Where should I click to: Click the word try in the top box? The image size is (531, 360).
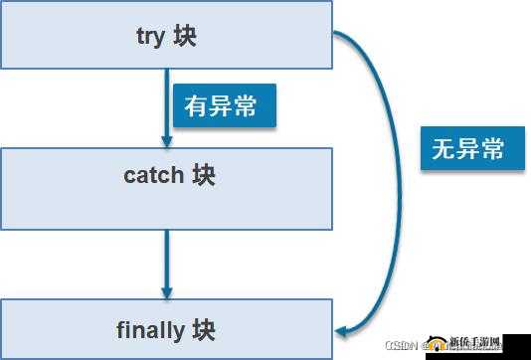[x=149, y=37]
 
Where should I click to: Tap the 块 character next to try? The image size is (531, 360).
[x=185, y=37]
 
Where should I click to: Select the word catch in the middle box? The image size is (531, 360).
[x=153, y=176]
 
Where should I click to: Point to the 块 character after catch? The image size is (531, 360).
[x=204, y=176]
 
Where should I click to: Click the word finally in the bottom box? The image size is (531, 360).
[x=149, y=329]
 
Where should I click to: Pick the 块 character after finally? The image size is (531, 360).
[x=204, y=329]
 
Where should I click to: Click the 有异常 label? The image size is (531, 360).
[x=223, y=105]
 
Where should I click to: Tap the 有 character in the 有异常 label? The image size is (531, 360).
[x=196, y=105]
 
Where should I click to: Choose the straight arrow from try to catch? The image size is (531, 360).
[x=166, y=104]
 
